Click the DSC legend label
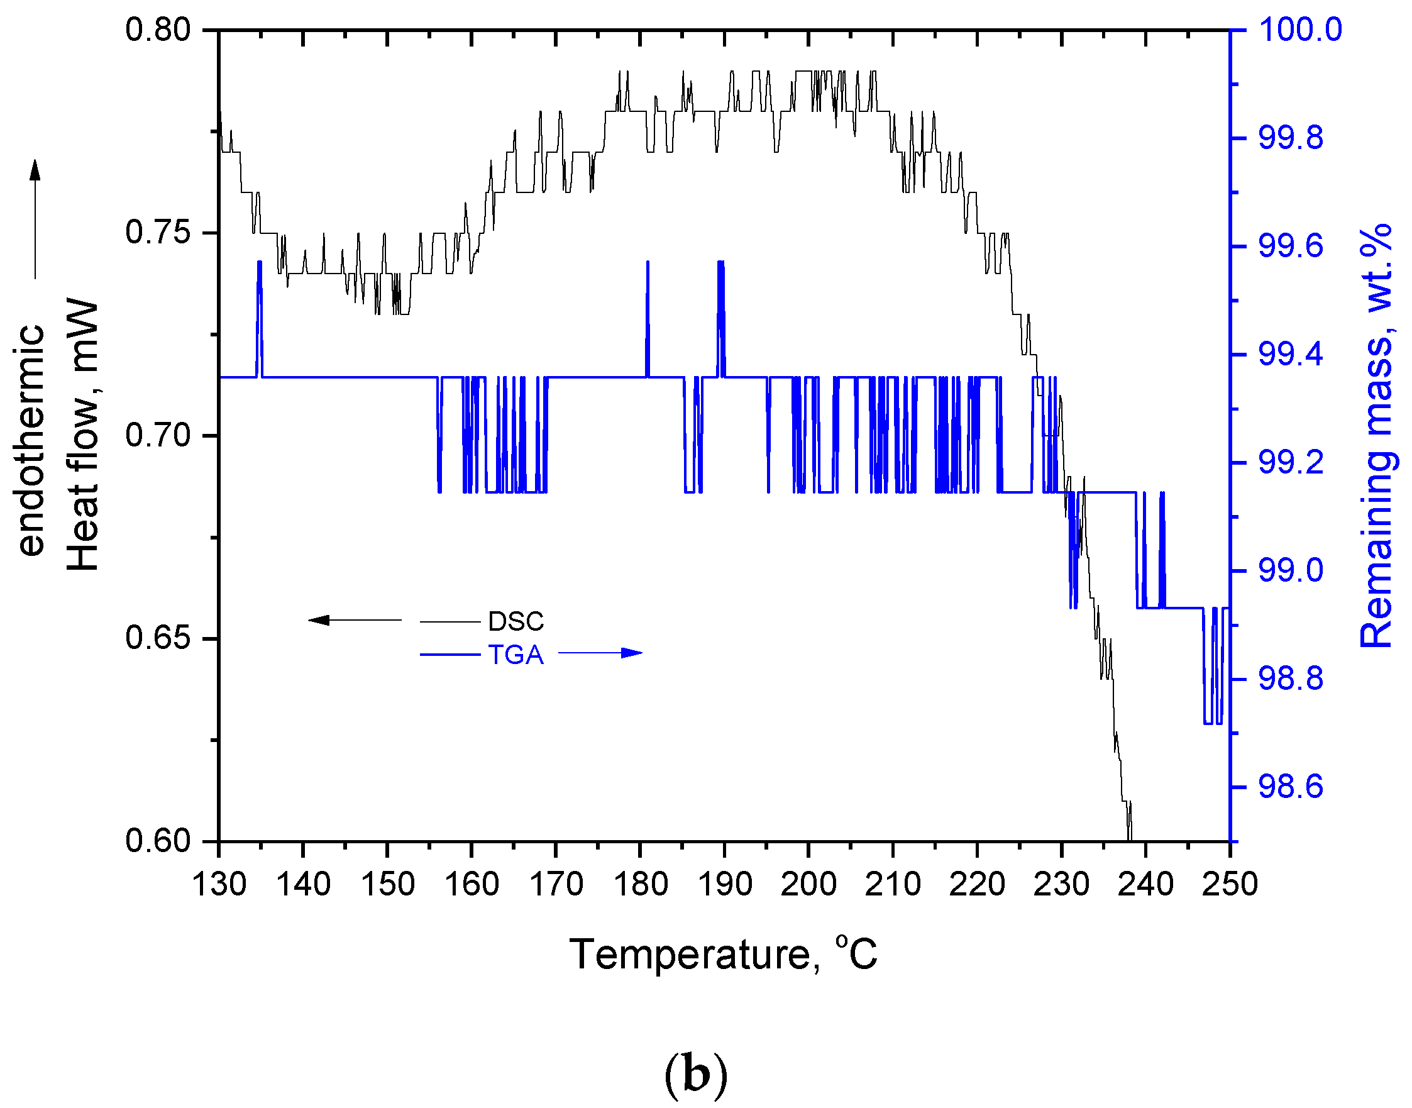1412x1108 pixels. click(516, 621)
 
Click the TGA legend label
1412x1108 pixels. click(516, 655)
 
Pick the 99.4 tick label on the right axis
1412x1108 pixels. click(1291, 354)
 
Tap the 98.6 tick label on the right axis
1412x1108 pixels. click(1291, 787)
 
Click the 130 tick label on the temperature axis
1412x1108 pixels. click(219, 884)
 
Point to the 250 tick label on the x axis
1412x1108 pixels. click(1229, 884)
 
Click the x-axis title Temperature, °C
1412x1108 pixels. click(723, 955)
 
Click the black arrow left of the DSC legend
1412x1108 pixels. click(353, 620)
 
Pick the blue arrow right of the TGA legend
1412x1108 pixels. click(600, 653)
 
